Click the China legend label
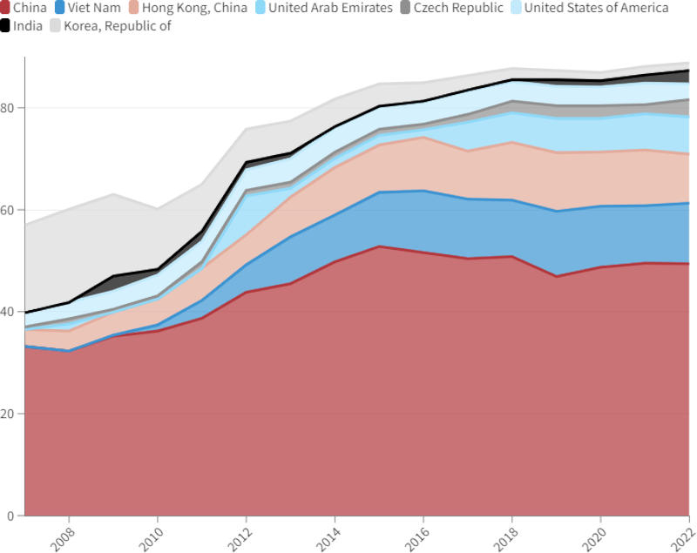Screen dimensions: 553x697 (x=30, y=8)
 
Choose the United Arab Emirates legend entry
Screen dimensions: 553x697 (x=330, y=8)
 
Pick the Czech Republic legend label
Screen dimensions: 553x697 (x=458, y=8)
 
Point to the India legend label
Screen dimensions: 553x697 (x=27, y=25)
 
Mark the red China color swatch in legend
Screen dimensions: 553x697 (x=5, y=8)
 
